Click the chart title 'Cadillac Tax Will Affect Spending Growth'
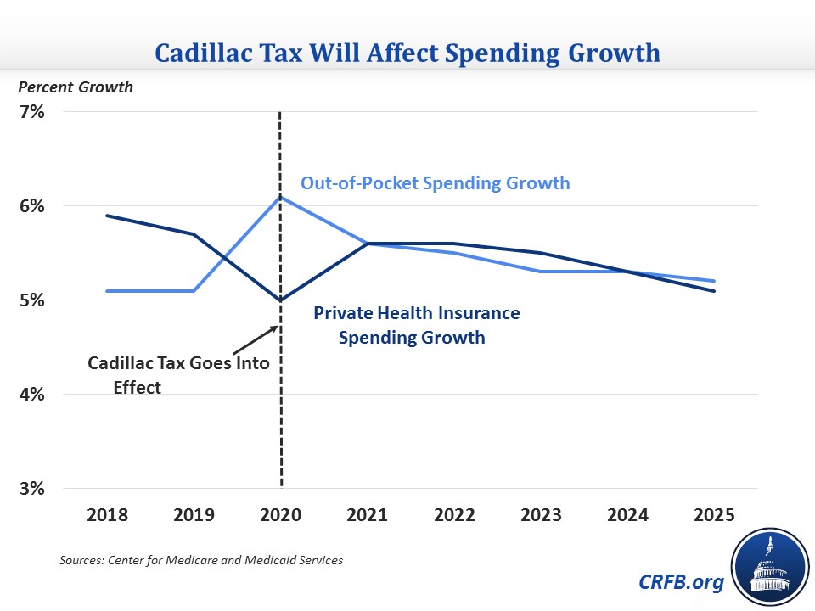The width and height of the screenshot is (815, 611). click(x=407, y=53)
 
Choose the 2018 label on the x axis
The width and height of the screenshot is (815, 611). click(x=107, y=516)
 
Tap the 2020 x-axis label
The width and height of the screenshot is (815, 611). click(x=281, y=516)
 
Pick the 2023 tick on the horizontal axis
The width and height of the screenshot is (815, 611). click(x=541, y=516)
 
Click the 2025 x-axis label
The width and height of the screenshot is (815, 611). click(x=714, y=516)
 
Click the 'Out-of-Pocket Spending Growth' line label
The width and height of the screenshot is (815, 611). click(x=435, y=182)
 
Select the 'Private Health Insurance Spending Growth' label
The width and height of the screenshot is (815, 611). click(x=416, y=325)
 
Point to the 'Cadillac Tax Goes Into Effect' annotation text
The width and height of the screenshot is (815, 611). click(x=178, y=374)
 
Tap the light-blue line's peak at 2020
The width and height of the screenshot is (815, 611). click(x=281, y=197)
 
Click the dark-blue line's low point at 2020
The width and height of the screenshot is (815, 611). click(x=281, y=300)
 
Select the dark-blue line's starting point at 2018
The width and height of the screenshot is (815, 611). click(x=107, y=216)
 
